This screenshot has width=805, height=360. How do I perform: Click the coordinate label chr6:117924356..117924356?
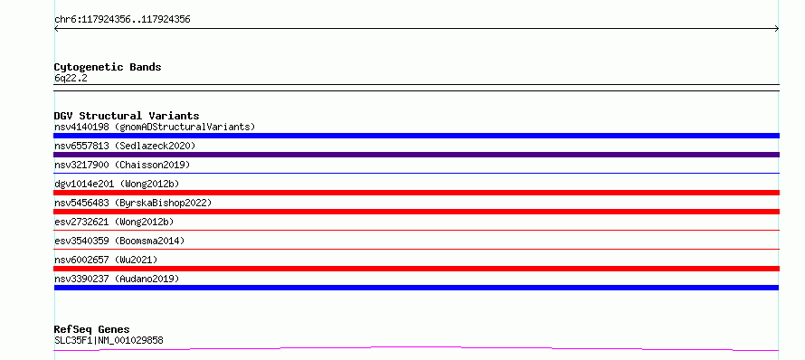coord(122,20)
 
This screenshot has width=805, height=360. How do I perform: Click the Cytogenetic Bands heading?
coord(108,67)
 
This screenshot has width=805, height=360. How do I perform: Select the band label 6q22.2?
coord(71,78)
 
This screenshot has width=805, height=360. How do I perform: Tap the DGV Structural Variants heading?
coord(127,116)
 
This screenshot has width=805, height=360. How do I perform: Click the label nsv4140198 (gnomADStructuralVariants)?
coord(155,127)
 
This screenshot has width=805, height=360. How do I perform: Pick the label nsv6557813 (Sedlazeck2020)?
coord(125,146)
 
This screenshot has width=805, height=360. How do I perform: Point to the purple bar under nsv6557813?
coord(416,155)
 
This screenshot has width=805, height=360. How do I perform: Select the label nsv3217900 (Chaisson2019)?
coord(122,165)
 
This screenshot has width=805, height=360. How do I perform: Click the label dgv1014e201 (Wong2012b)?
coord(117,184)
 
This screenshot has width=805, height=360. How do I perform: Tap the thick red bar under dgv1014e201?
coord(416,193)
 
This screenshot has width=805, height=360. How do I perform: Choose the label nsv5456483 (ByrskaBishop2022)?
coord(133,203)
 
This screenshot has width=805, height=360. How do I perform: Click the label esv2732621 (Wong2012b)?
coord(114,222)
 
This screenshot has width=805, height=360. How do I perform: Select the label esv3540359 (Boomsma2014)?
coord(119,241)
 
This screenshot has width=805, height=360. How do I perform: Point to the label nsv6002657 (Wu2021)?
coord(106,260)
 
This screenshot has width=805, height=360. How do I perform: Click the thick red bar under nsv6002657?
coord(416,269)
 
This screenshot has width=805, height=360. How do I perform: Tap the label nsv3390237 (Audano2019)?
coord(117,279)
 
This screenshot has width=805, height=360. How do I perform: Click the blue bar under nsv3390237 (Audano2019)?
coord(416,288)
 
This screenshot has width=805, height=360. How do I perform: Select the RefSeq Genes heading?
coord(92,329)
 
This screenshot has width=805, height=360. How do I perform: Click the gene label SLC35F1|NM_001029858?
coord(109,340)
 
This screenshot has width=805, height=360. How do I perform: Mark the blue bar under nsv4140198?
coord(416,136)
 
